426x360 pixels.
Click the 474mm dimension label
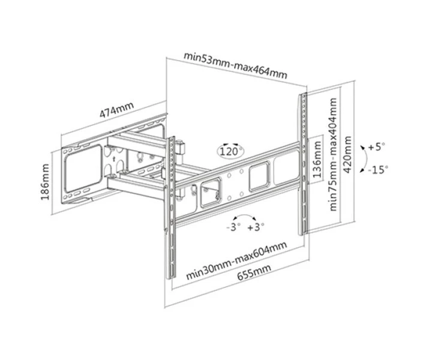(117, 109)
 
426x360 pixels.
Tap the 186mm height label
(46, 182)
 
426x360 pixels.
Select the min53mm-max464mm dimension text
(235, 65)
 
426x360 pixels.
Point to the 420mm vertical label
(347, 154)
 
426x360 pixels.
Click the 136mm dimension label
(317, 160)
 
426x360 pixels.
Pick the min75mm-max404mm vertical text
(333, 154)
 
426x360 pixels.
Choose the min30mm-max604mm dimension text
(236, 260)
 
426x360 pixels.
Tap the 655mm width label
(254, 272)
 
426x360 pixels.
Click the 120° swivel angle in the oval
(230, 151)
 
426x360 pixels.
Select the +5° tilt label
(377, 147)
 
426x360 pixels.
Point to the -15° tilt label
(378, 170)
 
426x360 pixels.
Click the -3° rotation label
(233, 227)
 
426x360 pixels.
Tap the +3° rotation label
(256, 227)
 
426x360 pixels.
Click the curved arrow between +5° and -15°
(367, 158)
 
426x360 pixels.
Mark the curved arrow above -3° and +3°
(245, 215)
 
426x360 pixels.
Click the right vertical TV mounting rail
(304, 164)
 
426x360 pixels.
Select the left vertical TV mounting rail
(171, 208)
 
